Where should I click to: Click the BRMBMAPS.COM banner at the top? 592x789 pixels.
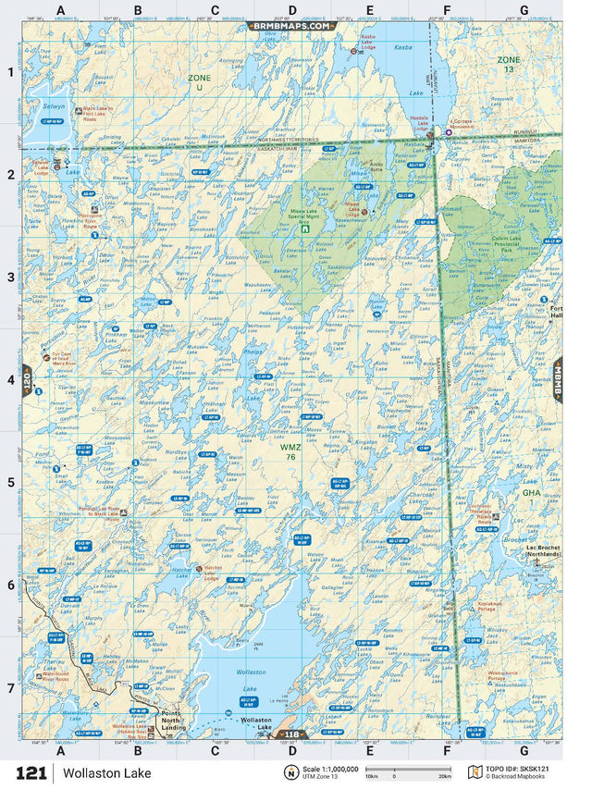(291, 27)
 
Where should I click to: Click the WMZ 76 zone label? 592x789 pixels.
(290, 450)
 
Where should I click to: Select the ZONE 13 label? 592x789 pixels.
(509, 64)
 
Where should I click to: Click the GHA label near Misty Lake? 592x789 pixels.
(531, 493)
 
